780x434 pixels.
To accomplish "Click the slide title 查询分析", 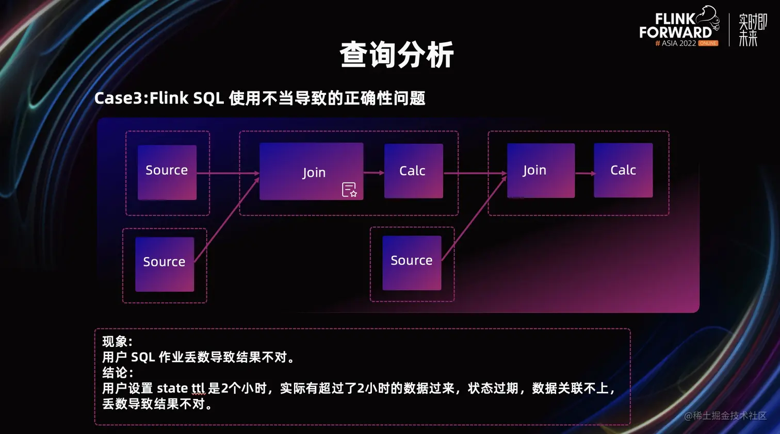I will pyautogui.click(x=396, y=55).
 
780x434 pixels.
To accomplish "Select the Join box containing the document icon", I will pyautogui.click(x=311, y=172).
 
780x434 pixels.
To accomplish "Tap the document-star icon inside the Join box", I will pyautogui.click(x=349, y=190).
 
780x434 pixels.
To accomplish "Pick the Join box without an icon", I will pyautogui.click(x=541, y=171).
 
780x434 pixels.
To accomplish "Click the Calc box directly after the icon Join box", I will pyautogui.click(x=413, y=171).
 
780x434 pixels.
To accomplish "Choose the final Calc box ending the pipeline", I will pyautogui.click(x=623, y=170).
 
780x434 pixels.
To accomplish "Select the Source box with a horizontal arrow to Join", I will pyautogui.click(x=167, y=172).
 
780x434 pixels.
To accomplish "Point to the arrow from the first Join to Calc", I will pyautogui.click(x=373, y=173).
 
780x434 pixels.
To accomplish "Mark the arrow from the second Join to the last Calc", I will pyautogui.click(x=584, y=173).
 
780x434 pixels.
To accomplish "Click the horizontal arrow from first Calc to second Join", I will pyautogui.click(x=475, y=173).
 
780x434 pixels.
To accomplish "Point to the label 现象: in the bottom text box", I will pyautogui.click(x=117, y=341).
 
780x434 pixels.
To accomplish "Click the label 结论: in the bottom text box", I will pyautogui.click(x=117, y=372).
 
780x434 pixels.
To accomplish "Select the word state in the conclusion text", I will pyautogui.click(x=172, y=388).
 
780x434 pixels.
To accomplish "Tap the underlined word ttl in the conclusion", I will pyautogui.click(x=198, y=388).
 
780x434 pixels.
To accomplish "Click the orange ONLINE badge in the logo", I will pyautogui.click(x=708, y=43).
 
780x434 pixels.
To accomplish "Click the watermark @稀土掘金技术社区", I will pyautogui.click(x=725, y=415).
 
